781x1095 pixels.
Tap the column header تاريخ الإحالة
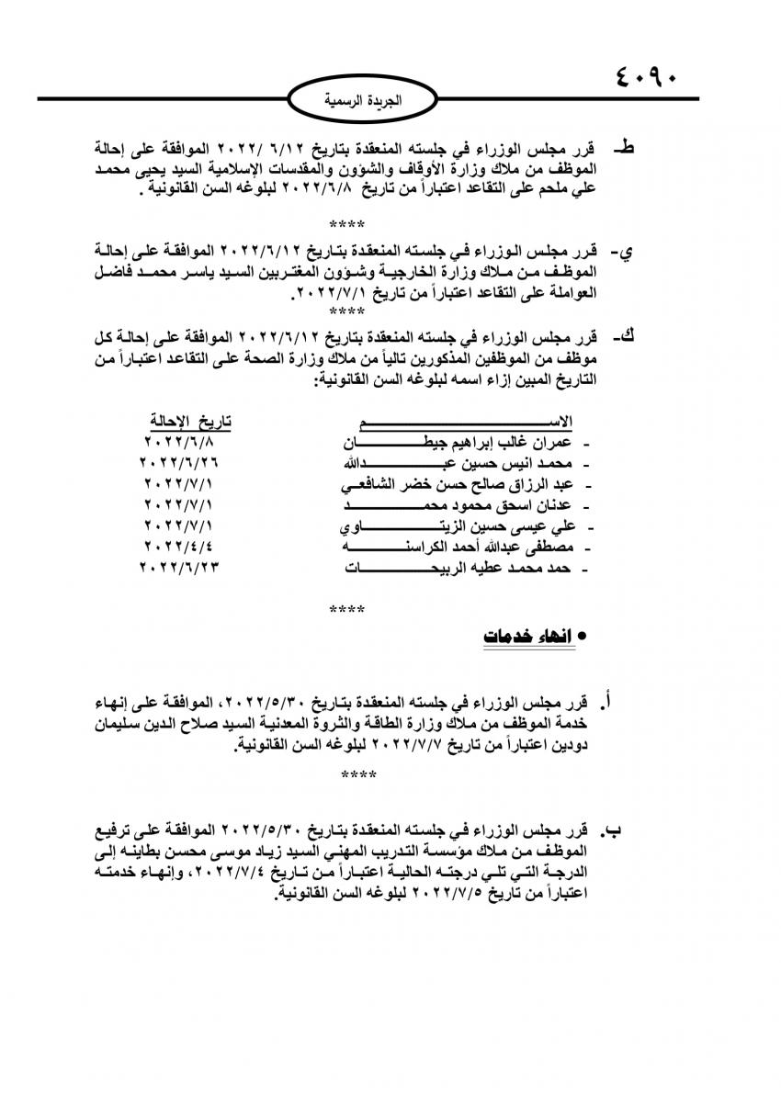[192, 422]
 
